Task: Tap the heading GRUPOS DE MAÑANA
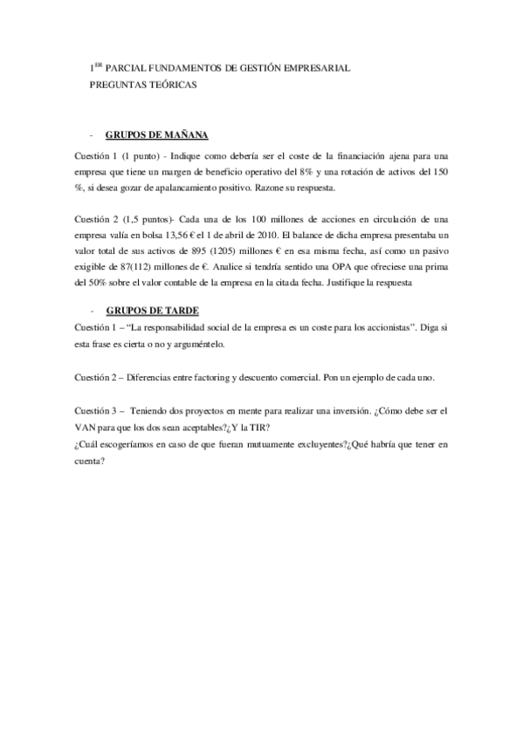click(x=156, y=136)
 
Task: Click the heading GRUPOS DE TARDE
click(x=150, y=309)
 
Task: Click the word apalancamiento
click(x=175, y=188)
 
